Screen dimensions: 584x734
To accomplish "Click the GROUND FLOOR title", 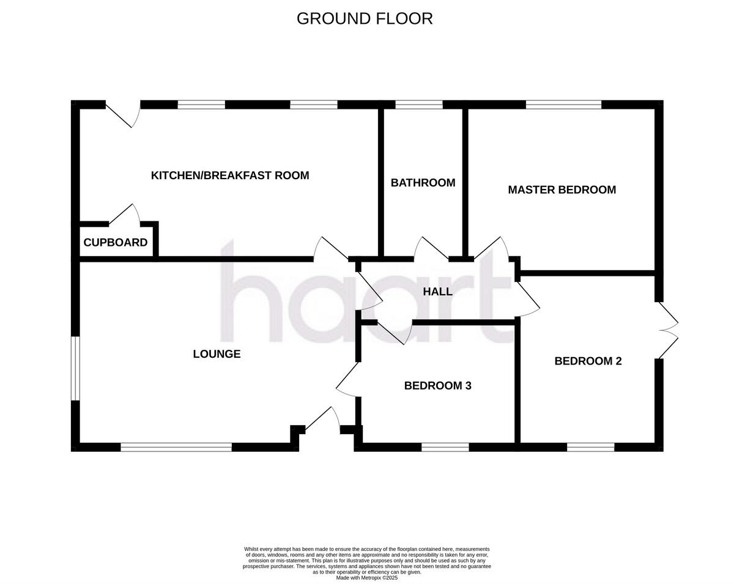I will [x=365, y=19].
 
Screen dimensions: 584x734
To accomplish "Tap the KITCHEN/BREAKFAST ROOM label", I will [x=230, y=176].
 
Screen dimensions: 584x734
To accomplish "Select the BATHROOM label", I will [x=423, y=183].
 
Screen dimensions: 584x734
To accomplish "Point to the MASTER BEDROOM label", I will [x=562, y=190].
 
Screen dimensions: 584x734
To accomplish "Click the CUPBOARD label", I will [x=115, y=243].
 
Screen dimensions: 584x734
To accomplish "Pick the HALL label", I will [x=438, y=292].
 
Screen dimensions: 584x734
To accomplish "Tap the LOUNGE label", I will [x=217, y=354].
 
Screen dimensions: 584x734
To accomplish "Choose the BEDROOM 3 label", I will [x=437, y=386].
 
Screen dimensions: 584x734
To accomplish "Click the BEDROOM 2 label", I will [x=588, y=361].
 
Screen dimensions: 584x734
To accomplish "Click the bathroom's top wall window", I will [x=419, y=105].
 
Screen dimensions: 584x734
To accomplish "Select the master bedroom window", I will [x=563, y=105].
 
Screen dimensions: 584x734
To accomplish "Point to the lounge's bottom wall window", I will [x=176, y=447].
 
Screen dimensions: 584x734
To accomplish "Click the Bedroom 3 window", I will [x=445, y=447].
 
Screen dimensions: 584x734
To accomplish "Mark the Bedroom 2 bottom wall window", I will [x=590, y=447].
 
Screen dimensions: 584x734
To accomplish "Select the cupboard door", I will [x=125, y=215].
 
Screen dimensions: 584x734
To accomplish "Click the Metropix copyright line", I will [x=367, y=577].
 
